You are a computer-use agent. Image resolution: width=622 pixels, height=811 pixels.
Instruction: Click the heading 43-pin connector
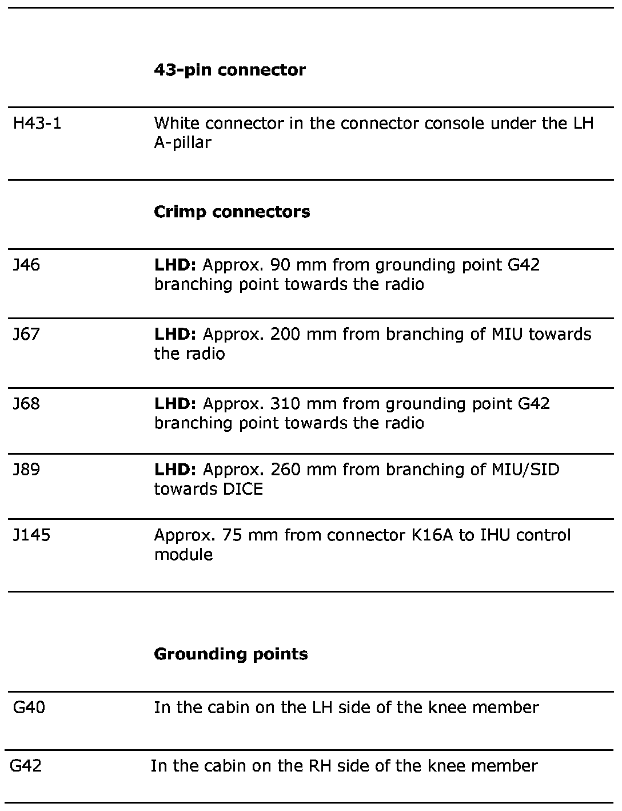click(230, 70)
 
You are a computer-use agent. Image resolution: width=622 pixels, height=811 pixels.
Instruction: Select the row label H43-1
click(37, 123)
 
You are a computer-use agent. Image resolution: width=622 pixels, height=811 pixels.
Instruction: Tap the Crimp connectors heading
click(232, 212)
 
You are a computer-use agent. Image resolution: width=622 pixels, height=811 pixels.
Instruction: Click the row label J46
click(27, 265)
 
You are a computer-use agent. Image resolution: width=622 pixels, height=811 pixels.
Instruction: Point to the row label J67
click(27, 334)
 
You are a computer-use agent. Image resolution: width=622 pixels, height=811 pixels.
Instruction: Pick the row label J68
click(27, 403)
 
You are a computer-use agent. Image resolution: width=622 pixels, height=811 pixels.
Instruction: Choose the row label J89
click(27, 470)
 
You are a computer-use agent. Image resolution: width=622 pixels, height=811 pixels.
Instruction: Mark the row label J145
click(31, 535)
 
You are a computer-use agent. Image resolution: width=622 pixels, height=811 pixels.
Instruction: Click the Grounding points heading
click(231, 654)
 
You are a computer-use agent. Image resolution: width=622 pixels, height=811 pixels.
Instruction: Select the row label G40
click(29, 707)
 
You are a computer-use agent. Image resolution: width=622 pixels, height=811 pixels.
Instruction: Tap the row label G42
click(26, 765)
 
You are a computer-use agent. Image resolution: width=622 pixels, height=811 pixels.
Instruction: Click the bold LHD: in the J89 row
click(175, 470)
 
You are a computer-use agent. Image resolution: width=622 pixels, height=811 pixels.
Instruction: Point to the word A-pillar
click(182, 142)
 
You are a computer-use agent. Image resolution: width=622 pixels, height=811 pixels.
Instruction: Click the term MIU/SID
click(525, 470)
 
